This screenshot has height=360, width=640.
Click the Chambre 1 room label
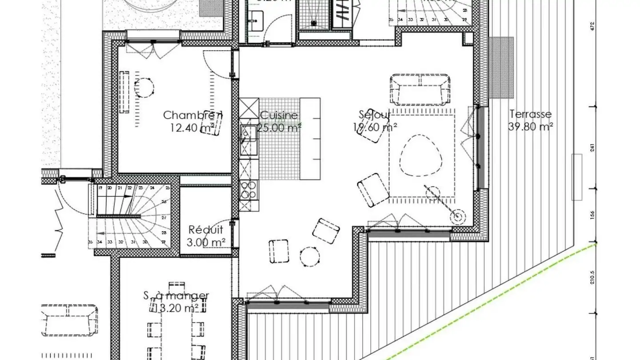tap(192, 115)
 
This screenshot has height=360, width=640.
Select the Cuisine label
tap(279, 116)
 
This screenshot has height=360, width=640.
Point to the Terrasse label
tap(530, 114)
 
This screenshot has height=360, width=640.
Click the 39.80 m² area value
tap(530, 127)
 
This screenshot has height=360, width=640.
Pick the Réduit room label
tap(206, 230)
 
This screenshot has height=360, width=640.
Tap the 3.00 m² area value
tap(206, 242)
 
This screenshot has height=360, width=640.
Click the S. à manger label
tap(176, 296)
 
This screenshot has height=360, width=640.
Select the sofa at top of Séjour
tap(420, 88)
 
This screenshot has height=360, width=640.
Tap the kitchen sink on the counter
tap(248, 134)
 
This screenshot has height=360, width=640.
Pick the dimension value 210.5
tap(592, 278)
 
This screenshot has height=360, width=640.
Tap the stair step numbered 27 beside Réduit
tap(164, 218)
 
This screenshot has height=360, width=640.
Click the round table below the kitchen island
tap(309, 256)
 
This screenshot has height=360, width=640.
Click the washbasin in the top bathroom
tap(256, 18)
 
